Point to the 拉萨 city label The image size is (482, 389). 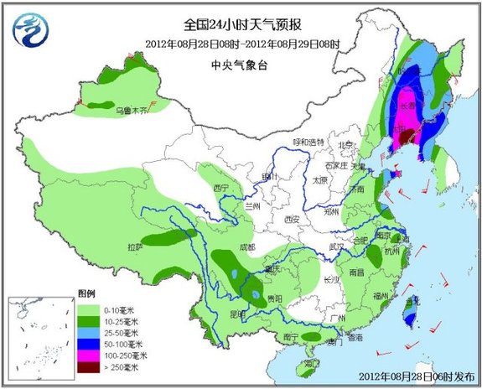(x=135, y=247)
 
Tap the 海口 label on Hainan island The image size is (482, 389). (x=313, y=364)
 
